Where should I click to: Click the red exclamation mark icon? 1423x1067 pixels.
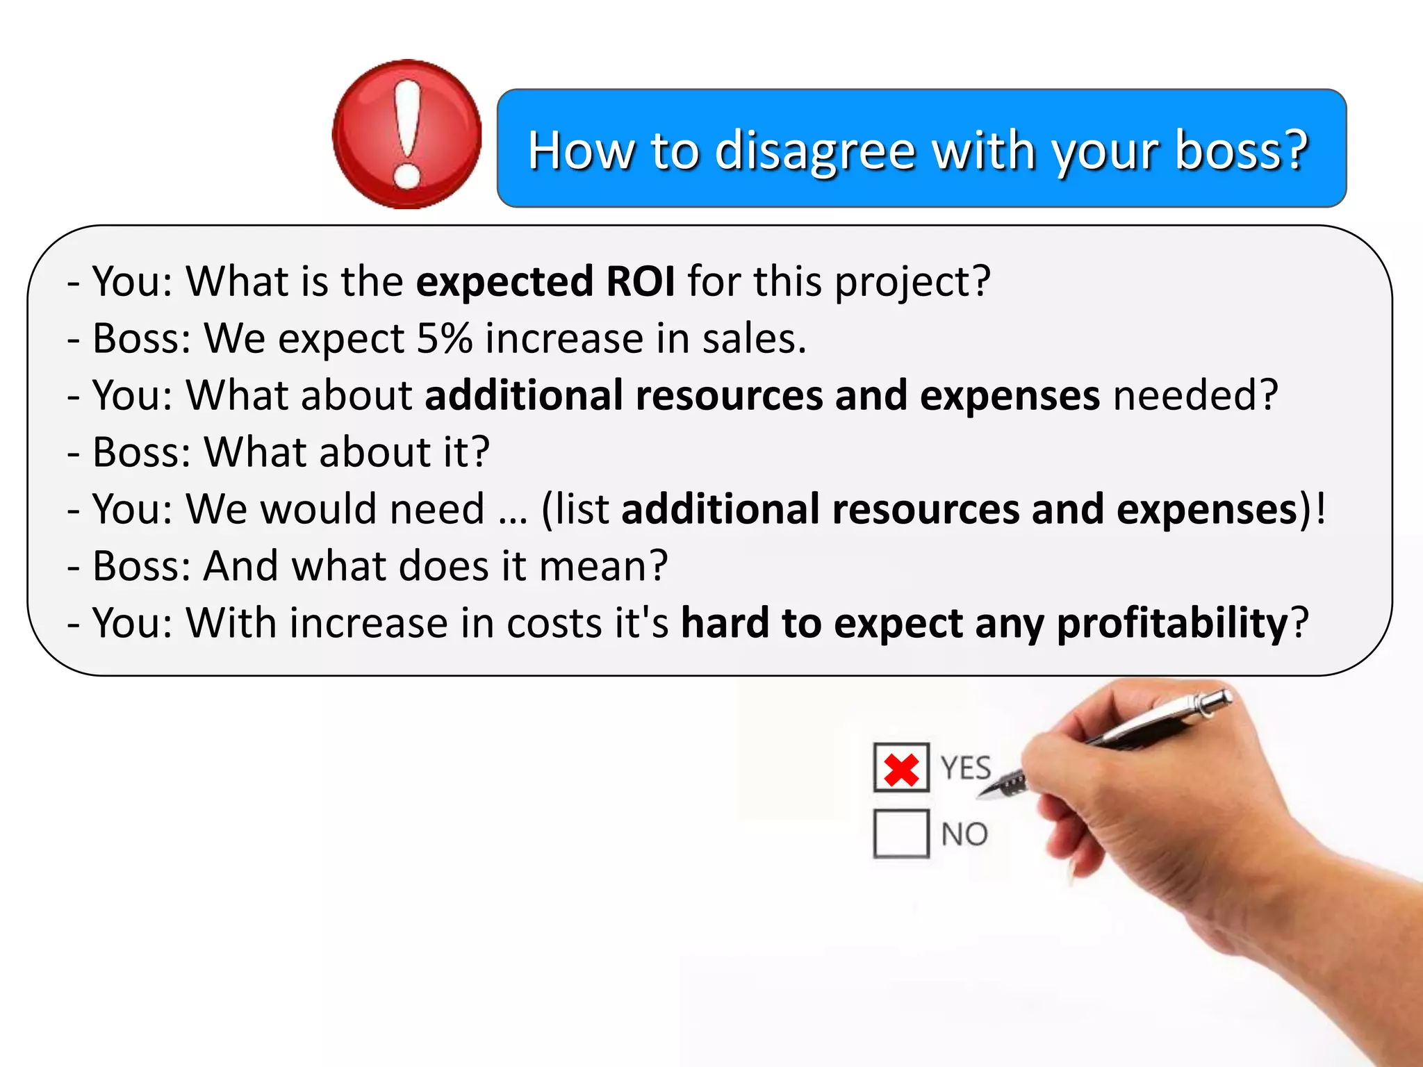click(406, 134)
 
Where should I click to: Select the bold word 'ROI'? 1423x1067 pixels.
click(640, 281)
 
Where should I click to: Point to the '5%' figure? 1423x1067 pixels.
click(444, 339)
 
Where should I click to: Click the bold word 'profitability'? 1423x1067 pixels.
click(1173, 623)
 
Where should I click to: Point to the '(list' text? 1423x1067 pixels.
click(575, 509)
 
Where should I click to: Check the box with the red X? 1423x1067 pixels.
click(901, 768)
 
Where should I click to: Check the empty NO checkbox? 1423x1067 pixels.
click(901, 834)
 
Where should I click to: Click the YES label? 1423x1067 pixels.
click(966, 768)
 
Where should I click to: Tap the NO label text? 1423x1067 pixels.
click(964, 834)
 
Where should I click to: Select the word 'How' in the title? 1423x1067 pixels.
click(581, 150)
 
